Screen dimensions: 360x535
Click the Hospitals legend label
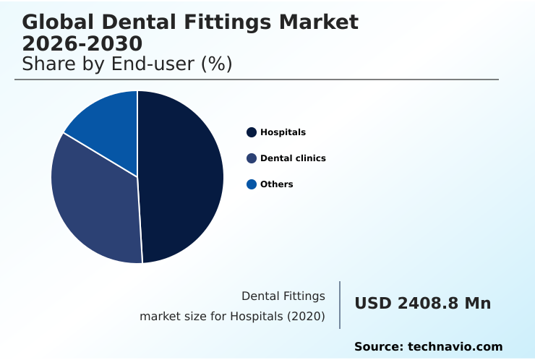tap(283, 132)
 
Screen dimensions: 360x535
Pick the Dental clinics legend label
tap(293, 158)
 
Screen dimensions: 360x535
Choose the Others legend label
tap(276, 184)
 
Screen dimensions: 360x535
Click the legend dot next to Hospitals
tap(252, 132)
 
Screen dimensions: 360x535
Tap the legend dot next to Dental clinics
tap(252, 158)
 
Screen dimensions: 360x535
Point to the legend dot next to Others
tap(252, 184)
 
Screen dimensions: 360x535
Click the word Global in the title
tap(59, 22)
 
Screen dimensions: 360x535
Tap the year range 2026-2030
tap(82, 43)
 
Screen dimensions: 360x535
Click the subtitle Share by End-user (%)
tap(127, 64)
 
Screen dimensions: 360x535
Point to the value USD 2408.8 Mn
tap(422, 304)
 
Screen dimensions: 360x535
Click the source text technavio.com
tap(455, 347)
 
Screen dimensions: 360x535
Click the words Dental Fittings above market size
tap(283, 296)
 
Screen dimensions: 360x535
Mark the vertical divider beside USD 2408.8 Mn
tap(340, 305)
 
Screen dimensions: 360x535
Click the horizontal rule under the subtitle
tap(257, 80)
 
